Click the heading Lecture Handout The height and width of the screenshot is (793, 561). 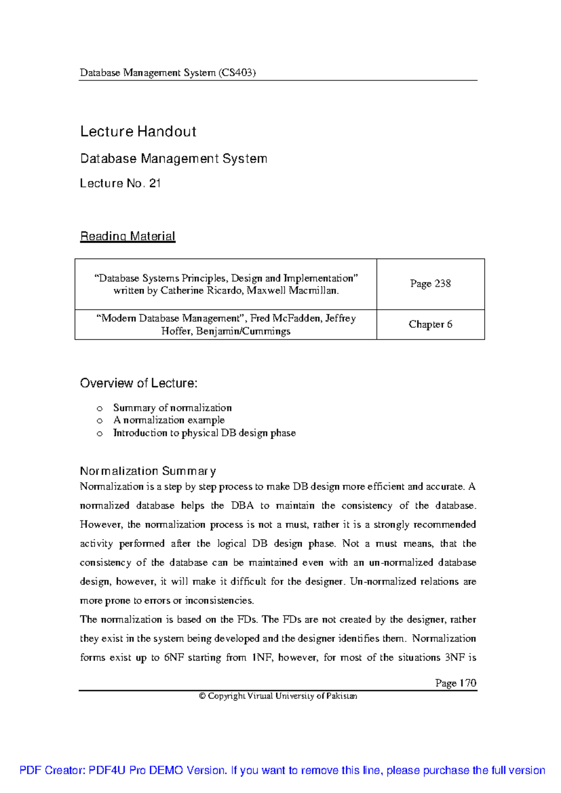pyautogui.click(x=138, y=131)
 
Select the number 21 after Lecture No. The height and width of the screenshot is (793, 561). pyautogui.click(x=155, y=183)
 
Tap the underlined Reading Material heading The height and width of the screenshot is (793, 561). pyautogui.click(x=128, y=236)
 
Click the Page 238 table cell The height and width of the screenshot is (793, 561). pyautogui.click(x=430, y=283)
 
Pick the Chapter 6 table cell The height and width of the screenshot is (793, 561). pyautogui.click(x=430, y=324)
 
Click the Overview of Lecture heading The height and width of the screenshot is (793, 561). pyautogui.click(x=138, y=383)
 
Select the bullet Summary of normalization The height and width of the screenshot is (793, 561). pyautogui.click(x=172, y=408)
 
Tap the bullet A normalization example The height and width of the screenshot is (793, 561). pyautogui.click(x=169, y=420)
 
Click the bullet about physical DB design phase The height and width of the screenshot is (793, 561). pyautogui.click(x=204, y=433)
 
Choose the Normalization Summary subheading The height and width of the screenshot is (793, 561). pyautogui.click(x=148, y=471)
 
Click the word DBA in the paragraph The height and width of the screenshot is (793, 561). pyautogui.click(x=242, y=505)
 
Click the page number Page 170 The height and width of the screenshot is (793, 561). pyautogui.click(x=455, y=683)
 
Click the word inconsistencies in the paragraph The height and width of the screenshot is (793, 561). pyautogui.click(x=219, y=600)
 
